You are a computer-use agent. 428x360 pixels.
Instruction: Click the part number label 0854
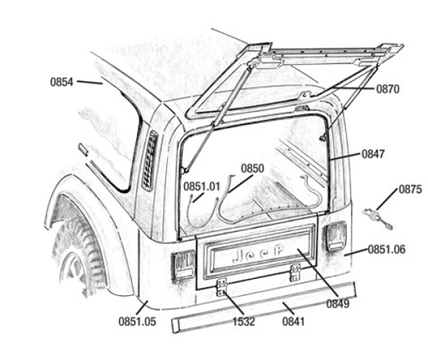click(61, 82)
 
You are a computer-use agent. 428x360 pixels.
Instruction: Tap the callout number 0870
click(389, 89)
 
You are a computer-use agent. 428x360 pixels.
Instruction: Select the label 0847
click(374, 153)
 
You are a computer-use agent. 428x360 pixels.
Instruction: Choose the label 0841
click(293, 322)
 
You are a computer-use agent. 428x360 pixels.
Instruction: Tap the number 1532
click(245, 322)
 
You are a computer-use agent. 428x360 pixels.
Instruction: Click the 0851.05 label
click(137, 322)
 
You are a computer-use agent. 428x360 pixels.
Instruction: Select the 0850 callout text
click(253, 169)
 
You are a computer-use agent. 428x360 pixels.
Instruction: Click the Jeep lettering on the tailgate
click(258, 254)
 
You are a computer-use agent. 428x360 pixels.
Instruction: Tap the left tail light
click(183, 264)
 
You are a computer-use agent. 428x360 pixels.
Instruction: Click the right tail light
click(335, 236)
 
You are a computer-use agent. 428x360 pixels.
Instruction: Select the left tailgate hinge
click(221, 286)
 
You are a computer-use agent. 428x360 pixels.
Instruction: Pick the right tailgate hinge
click(295, 272)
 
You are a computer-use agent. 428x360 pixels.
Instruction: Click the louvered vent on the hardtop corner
click(149, 160)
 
